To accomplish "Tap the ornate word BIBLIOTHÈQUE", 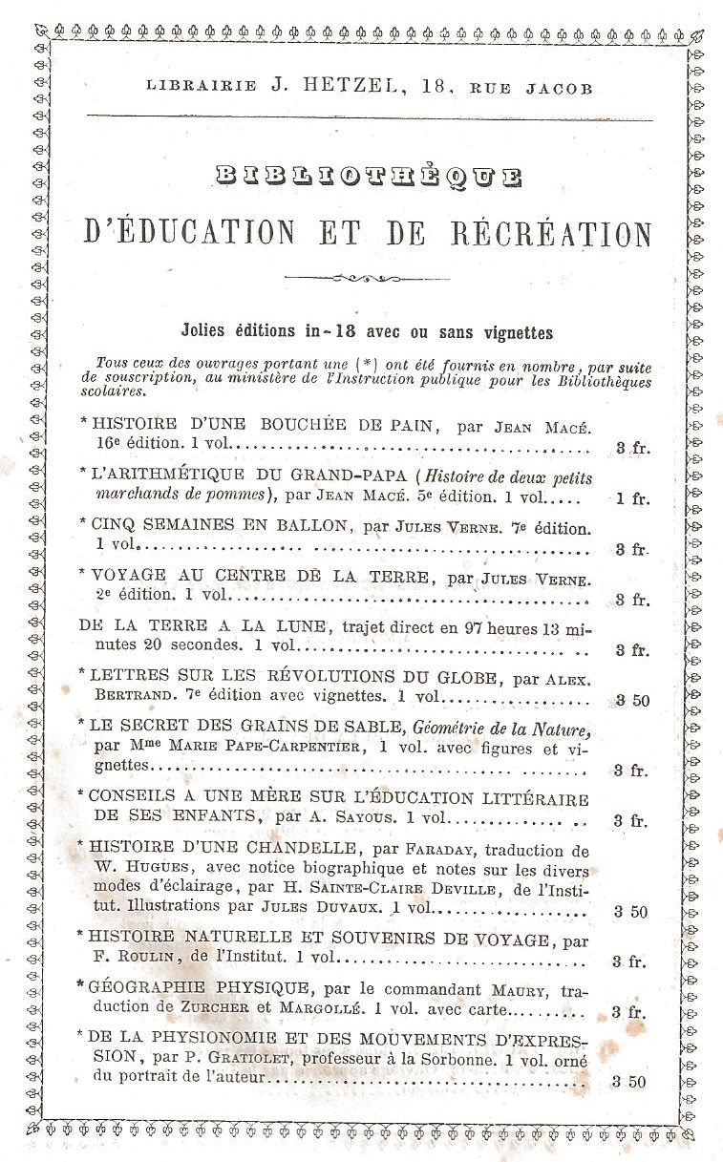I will [369, 177].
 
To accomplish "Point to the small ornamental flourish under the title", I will [368, 279].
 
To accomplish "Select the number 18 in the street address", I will [436, 88].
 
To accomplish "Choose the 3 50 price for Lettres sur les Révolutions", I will [631, 700].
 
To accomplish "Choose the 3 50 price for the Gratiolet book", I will [630, 1082].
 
